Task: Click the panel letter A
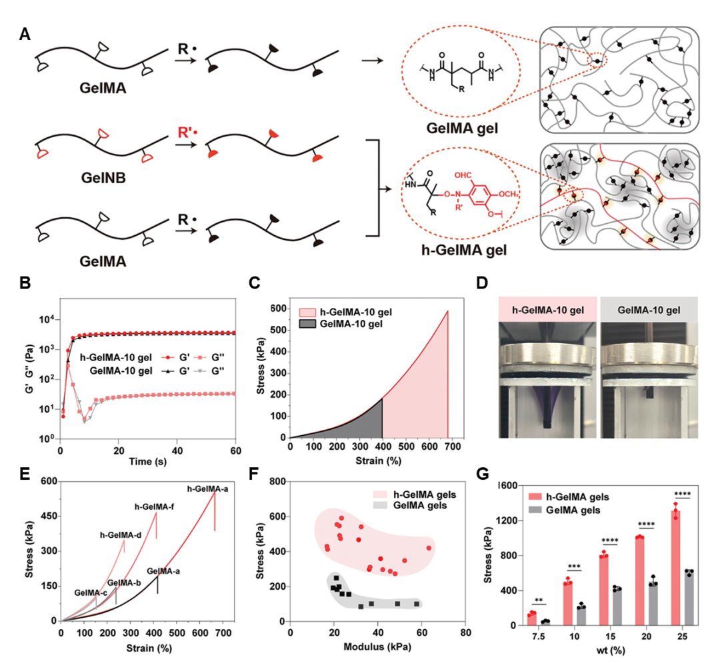pyautogui.click(x=25, y=35)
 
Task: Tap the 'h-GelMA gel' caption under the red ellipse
pyautogui.click(x=457, y=251)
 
